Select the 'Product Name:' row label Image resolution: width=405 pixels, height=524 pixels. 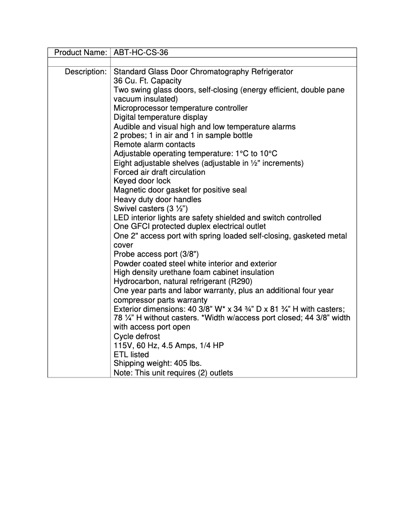(x=80, y=53)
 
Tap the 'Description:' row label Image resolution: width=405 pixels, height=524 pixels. (x=85, y=72)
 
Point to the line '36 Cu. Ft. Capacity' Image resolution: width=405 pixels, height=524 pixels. (x=147, y=81)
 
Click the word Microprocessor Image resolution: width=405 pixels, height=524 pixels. (x=139, y=108)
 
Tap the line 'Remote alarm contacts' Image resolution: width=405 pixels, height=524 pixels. (x=154, y=145)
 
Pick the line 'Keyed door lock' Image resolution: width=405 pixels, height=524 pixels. (x=142, y=181)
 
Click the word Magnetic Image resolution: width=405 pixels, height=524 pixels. (x=129, y=190)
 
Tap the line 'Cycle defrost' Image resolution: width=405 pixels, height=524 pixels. (x=136, y=337)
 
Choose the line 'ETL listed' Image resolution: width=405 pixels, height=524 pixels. (x=131, y=355)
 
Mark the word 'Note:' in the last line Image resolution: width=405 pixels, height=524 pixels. (x=123, y=373)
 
